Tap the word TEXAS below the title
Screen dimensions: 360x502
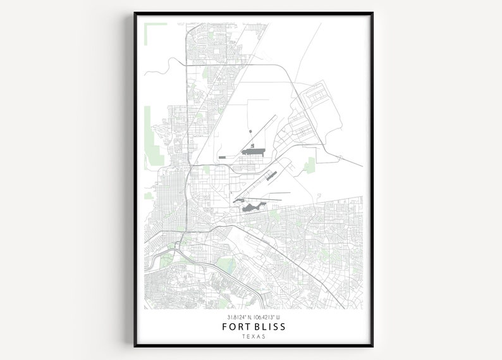pos(254,337)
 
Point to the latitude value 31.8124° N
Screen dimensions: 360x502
pos(237,317)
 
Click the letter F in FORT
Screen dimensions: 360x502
pos(225,326)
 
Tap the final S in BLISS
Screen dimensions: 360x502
pos(283,326)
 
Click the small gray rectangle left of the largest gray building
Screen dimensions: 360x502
pos(223,156)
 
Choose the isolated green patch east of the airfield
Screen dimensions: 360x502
pos(309,166)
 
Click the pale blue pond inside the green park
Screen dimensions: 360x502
pos(226,264)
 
